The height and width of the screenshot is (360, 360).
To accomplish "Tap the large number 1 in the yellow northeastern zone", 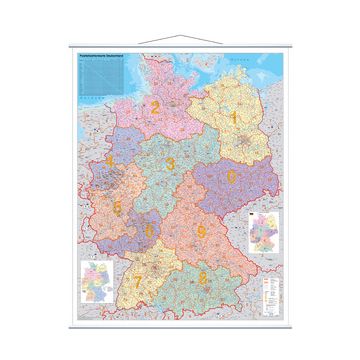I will pyautogui.click(x=234, y=119).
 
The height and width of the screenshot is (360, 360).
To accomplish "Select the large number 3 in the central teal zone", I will pyautogui.click(x=171, y=163).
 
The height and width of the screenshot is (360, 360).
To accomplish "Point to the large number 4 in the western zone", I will pyautogui.click(x=109, y=162).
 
